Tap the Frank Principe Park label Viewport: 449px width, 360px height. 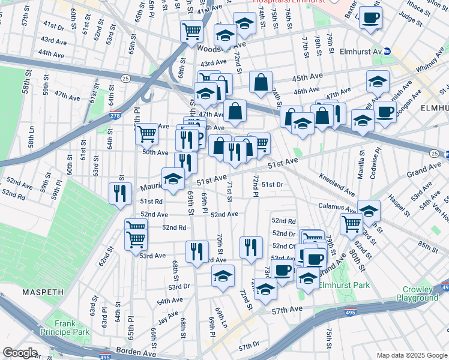73,328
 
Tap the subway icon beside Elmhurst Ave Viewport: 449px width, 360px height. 387,52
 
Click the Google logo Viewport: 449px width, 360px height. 20,353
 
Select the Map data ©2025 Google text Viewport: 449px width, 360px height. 411,355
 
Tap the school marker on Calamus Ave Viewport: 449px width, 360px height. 369,210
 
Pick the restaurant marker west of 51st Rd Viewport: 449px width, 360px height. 119,193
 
